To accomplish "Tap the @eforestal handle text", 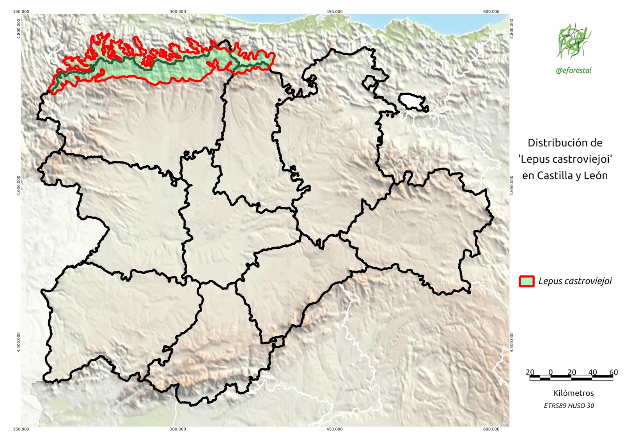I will [573, 71].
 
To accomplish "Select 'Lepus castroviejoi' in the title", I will [565, 159].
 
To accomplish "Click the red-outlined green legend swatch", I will [526, 281].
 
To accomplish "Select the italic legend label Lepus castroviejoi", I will [575, 281].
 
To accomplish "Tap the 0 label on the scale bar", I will [550, 372].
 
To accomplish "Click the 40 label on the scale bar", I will [592, 372].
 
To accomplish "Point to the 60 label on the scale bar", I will [613, 372].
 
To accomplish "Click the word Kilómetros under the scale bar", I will [573, 393].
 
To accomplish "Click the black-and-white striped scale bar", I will [571, 377].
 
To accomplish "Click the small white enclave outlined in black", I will [412, 101].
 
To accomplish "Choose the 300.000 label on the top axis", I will [178, 11].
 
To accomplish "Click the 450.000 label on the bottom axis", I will [335, 429].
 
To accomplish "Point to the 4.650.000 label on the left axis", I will [18, 186].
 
